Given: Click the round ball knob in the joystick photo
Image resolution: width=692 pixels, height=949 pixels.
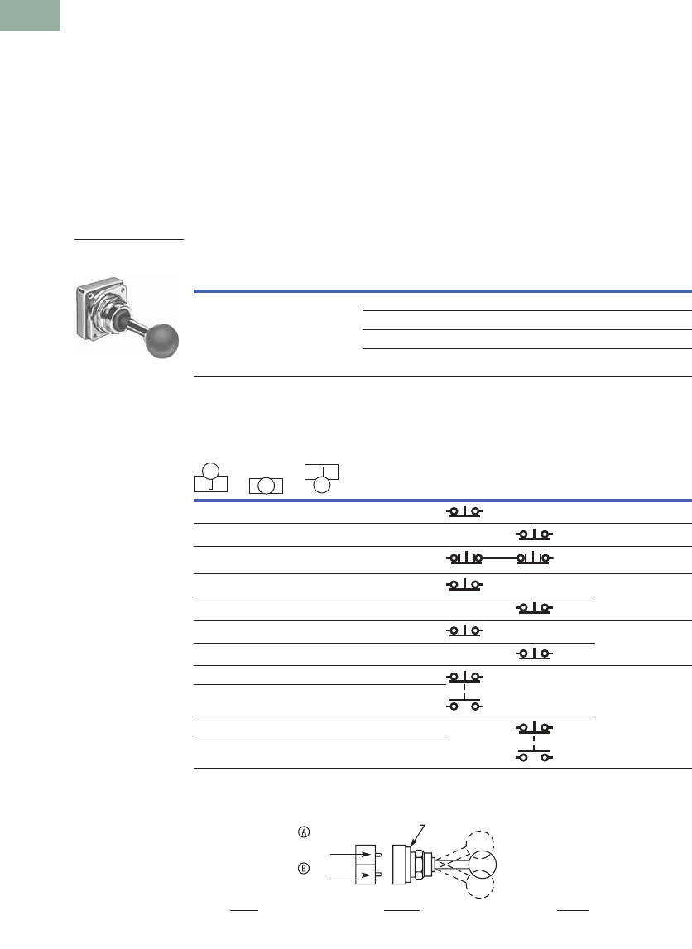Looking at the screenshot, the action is [x=161, y=341].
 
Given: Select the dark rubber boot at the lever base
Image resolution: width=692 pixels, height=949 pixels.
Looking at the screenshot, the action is [x=123, y=319].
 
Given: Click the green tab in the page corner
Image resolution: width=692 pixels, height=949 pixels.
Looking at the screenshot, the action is [x=30, y=15].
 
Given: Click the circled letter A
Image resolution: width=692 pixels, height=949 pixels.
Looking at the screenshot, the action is [x=304, y=832].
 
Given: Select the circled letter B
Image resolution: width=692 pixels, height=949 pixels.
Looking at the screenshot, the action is [x=304, y=869].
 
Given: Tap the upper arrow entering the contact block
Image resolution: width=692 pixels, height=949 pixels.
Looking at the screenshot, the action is [x=350, y=854].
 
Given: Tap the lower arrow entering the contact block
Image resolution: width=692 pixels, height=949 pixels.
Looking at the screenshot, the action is [x=350, y=875].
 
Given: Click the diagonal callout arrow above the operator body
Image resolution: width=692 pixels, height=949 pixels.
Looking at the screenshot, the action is [x=417, y=835].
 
